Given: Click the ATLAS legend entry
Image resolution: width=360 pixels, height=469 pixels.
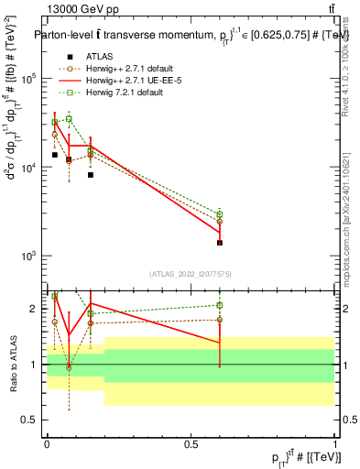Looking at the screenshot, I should (99, 56).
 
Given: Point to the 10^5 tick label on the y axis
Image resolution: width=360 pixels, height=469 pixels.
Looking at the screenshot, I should (29, 79).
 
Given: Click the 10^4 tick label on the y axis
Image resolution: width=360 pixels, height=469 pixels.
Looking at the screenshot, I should (29, 168).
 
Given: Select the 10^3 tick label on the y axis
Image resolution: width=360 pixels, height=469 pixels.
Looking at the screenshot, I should (29, 256).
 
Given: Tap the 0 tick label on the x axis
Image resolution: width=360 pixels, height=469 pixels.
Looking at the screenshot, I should (47, 444).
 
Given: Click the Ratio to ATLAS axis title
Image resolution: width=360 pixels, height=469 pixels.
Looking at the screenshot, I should (13, 365).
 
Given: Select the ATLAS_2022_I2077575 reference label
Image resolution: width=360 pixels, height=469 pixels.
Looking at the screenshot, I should (190, 273).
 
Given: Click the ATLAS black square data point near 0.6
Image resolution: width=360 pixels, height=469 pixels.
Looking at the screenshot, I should (220, 243).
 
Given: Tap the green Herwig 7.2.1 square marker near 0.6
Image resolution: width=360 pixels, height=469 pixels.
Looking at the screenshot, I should (220, 214).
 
